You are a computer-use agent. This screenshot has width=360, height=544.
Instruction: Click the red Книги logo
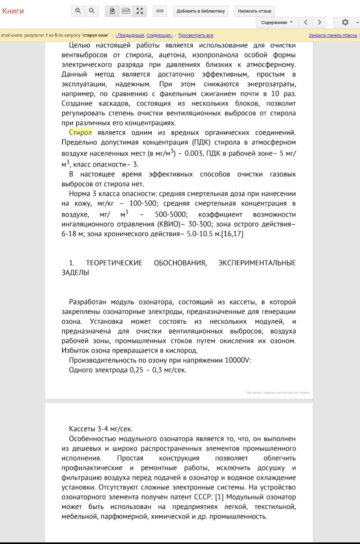[x=13, y=11]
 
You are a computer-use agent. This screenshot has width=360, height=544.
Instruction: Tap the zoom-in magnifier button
[x=78, y=11]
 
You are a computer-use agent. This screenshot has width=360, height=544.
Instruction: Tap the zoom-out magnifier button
[x=92, y=11]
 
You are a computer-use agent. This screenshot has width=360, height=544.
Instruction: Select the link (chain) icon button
[x=160, y=11]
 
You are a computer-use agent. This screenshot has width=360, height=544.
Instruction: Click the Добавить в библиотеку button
[x=201, y=11]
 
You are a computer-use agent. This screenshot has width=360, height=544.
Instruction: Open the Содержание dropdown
[x=277, y=22]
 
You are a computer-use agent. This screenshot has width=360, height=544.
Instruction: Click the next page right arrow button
[x=320, y=22]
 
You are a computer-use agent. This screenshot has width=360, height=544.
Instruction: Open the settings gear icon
[x=345, y=22]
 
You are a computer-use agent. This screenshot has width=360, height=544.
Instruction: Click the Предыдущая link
[x=130, y=35]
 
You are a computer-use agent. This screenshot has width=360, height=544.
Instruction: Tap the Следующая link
[x=159, y=35]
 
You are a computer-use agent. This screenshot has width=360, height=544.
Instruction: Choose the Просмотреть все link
[x=196, y=35]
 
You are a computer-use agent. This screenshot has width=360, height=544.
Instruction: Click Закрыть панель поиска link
[x=333, y=35]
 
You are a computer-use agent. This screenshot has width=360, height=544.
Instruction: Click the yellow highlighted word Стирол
[x=80, y=133]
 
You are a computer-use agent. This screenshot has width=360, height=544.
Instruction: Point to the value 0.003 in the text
[x=193, y=154]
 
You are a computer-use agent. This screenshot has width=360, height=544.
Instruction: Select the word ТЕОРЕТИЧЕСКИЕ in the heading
[x=114, y=263]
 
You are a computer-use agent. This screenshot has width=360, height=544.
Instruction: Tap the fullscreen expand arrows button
[x=140, y=11]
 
